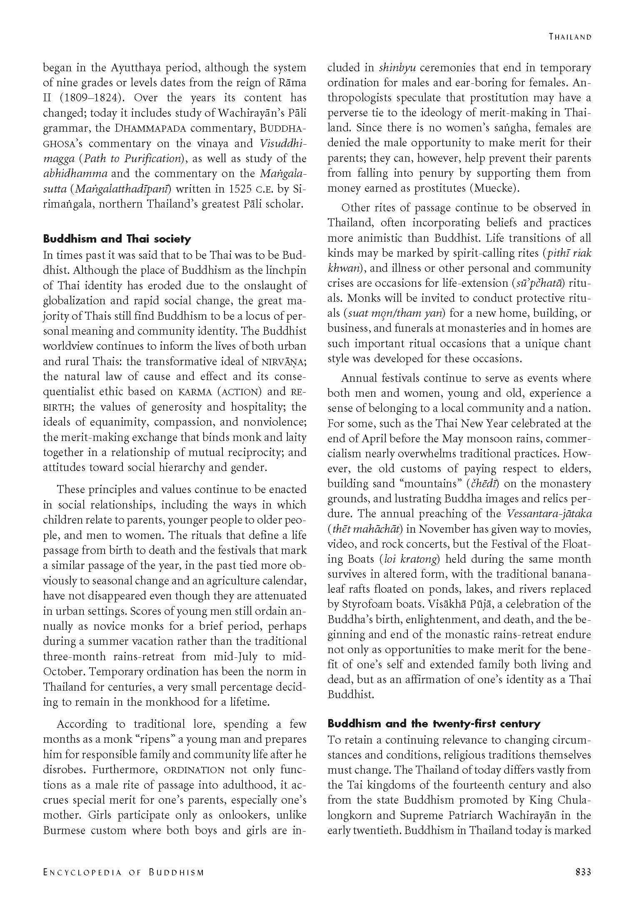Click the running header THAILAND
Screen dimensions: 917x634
569,37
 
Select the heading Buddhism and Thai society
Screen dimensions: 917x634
117,239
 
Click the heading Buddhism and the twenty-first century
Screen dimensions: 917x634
434,723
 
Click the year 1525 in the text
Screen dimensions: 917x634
240,189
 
